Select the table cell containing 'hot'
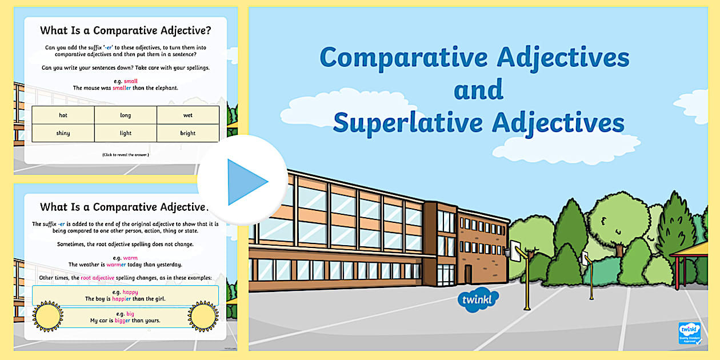pos(63,115)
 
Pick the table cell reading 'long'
pos(126,115)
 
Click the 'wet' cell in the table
pos(188,115)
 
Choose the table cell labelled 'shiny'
pos(63,133)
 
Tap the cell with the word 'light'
pos(126,133)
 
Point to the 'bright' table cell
pos(188,133)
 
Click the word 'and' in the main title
pos(478,90)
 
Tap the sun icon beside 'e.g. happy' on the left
pos(48,315)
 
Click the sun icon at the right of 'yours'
pos(203,316)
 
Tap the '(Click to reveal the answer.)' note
pos(125,155)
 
